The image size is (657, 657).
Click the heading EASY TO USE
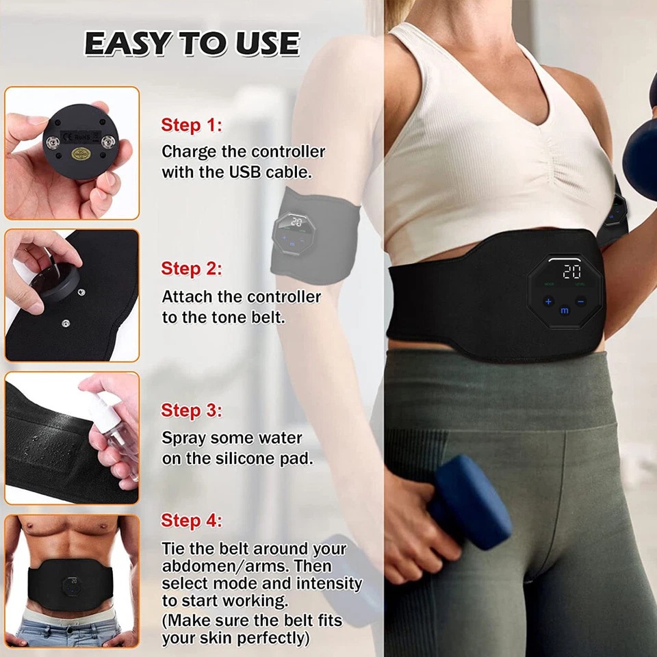(192, 44)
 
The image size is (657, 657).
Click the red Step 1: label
(192, 125)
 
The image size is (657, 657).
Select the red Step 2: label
(192, 269)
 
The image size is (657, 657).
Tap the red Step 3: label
(192, 411)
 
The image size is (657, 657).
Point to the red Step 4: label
(192, 521)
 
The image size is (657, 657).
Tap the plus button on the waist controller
(548, 301)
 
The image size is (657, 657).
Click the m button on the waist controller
(565, 309)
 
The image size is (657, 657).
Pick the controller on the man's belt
(71, 586)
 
